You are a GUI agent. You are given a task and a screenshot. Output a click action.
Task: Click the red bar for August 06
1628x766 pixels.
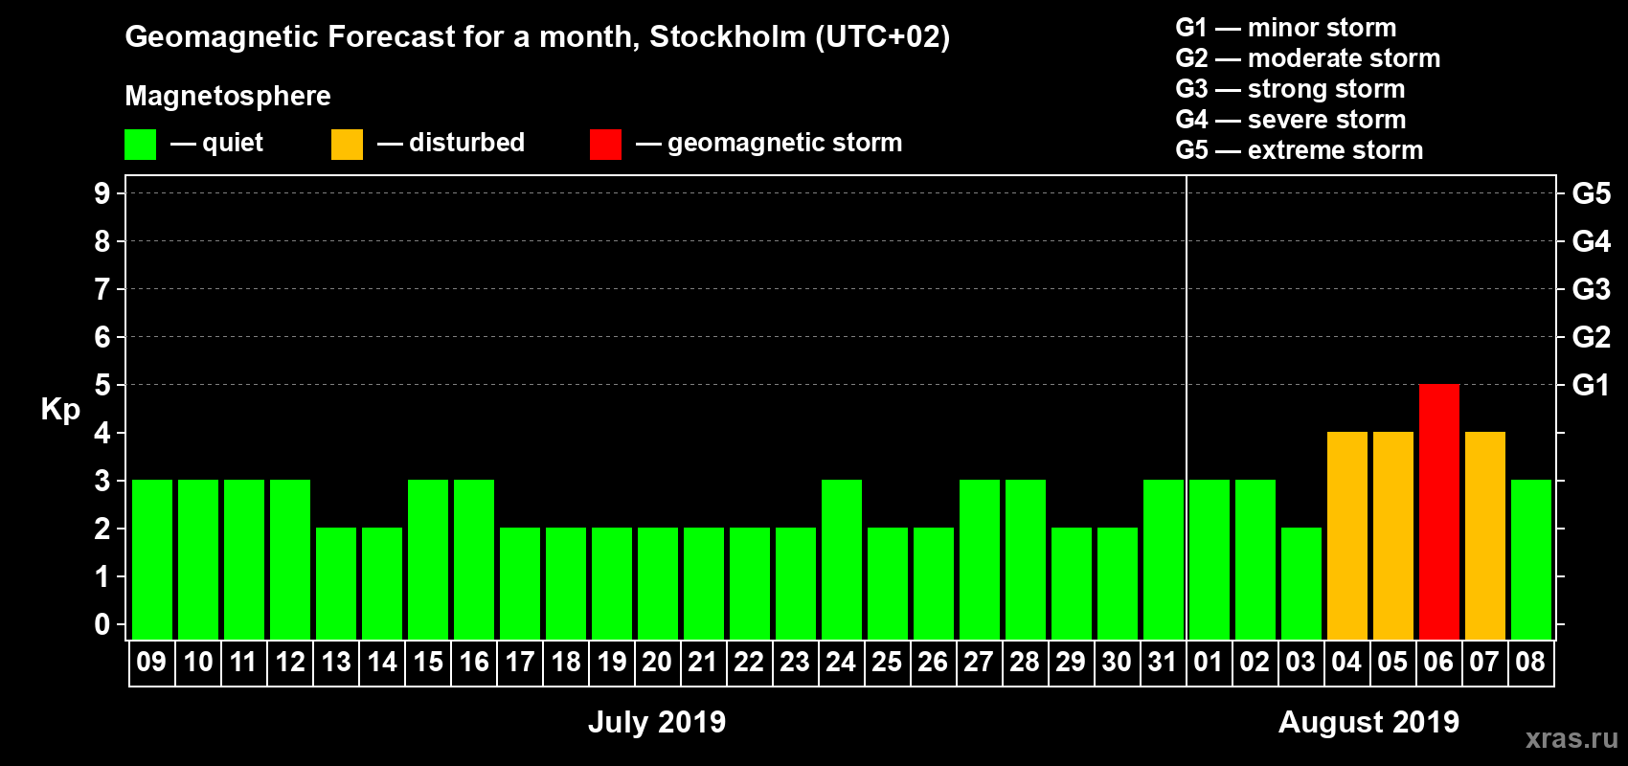pyautogui.click(x=1438, y=511)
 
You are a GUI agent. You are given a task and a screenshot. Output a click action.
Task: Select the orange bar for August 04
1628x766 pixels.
pyautogui.click(x=1346, y=535)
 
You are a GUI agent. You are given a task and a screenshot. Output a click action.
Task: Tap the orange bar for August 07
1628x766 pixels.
pyautogui.click(x=1484, y=535)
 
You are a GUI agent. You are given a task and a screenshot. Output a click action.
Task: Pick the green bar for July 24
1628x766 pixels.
pyautogui.click(x=841, y=559)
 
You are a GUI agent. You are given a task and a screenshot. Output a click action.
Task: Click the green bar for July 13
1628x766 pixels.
pyautogui.click(x=335, y=583)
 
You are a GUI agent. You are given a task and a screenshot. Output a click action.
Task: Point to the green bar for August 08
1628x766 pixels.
pyautogui.click(x=1530, y=559)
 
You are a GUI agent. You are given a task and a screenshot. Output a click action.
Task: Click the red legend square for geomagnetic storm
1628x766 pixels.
pyautogui.click(x=605, y=145)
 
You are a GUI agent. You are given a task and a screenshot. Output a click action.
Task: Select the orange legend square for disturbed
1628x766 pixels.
pyautogui.click(x=347, y=145)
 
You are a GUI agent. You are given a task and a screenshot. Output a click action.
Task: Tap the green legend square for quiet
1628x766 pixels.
pyautogui.click(x=140, y=145)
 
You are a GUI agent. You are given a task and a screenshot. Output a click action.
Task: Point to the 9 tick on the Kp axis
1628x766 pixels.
pyautogui.click(x=102, y=193)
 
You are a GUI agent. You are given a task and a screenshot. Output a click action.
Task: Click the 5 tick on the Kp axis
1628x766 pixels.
pyautogui.click(x=102, y=385)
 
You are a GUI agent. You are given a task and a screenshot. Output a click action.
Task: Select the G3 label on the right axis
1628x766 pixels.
pyautogui.click(x=1591, y=289)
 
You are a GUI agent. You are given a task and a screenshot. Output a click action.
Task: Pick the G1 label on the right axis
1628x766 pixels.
pyautogui.click(x=1591, y=385)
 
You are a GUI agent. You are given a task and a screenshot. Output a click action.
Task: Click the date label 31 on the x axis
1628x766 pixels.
pyautogui.click(x=1163, y=662)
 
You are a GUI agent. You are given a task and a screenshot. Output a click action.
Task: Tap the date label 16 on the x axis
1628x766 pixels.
pyautogui.click(x=473, y=662)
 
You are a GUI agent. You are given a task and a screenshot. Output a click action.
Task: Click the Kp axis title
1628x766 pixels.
pyautogui.click(x=60, y=409)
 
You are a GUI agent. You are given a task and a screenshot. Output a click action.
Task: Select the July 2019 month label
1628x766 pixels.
pyautogui.click(x=657, y=722)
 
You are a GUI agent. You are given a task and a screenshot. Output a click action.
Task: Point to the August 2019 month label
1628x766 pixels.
pyautogui.click(x=1368, y=722)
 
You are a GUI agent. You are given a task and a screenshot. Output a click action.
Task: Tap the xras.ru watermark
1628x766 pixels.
pyautogui.click(x=1571, y=738)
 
